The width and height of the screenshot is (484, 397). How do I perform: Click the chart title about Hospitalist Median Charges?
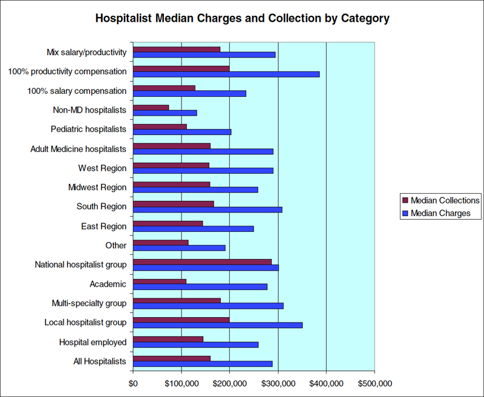[242, 19]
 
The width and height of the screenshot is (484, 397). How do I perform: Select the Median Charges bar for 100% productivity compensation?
[226, 74]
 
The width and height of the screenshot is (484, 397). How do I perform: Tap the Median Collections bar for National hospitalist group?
[202, 262]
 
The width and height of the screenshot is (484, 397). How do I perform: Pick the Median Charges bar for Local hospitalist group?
[218, 325]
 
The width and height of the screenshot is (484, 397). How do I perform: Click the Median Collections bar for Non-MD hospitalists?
[151, 108]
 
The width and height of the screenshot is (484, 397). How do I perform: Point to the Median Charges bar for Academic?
[200, 286]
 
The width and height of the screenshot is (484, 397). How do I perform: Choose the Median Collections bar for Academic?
[160, 281]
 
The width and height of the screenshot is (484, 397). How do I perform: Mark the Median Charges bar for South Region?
[208, 209]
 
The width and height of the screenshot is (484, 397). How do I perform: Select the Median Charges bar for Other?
[179, 248]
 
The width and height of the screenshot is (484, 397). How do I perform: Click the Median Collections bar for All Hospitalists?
[172, 358]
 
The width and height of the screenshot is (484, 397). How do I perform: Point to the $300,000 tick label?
[278, 383]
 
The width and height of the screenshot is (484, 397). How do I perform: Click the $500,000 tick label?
[374, 383]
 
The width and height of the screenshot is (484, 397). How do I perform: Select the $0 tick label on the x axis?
[133, 383]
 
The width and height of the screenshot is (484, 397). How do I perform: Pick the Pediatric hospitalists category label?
[88, 130]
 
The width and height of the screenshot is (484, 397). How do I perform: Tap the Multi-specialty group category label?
[89, 303]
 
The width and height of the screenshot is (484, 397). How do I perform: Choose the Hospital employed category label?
[93, 342]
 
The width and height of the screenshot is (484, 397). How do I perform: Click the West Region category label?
[102, 168]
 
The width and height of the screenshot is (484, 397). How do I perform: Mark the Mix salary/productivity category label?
[87, 52]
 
